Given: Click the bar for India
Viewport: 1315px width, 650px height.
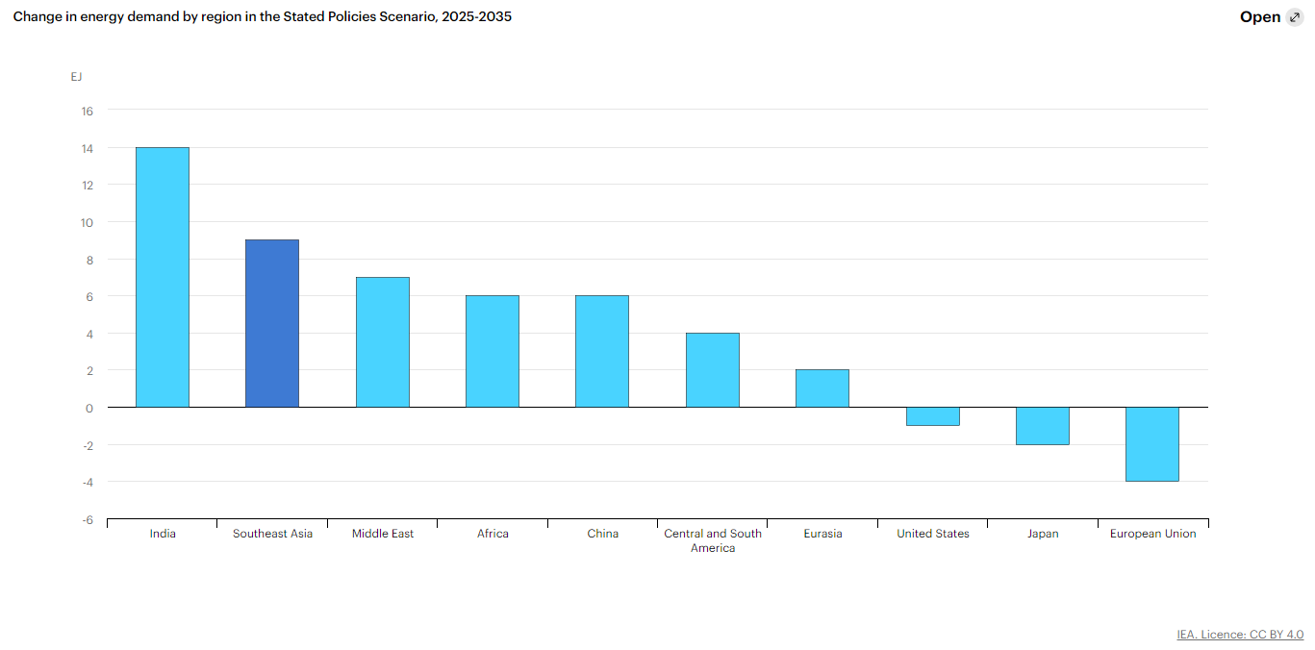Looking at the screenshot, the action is click(x=163, y=277).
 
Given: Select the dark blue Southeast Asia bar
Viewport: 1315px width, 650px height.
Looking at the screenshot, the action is click(x=272, y=323).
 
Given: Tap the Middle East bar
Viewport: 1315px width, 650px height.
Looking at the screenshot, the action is click(x=383, y=342).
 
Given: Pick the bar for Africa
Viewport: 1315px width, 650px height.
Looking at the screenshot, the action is click(x=493, y=351).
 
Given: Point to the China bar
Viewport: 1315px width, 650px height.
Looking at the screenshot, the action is click(x=602, y=351).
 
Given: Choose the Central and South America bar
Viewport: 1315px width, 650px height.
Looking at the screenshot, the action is click(x=713, y=370).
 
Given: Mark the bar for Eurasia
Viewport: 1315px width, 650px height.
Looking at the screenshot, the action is click(x=822, y=388).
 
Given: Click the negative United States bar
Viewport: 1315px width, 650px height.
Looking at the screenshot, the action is click(x=933, y=416).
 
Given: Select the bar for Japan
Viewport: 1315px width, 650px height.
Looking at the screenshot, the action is click(x=1043, y=426).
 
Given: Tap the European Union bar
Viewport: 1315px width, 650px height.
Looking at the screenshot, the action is click(x=1152, y=444).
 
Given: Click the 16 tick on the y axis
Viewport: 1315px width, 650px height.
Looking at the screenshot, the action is click(x=87, y=111).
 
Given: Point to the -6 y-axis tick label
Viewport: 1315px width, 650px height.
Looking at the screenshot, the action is click(x=89, y=520).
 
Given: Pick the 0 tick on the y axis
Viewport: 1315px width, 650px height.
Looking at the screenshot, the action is click(x=89, y=409).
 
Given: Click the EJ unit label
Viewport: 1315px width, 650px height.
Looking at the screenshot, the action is click(x=76, y=77).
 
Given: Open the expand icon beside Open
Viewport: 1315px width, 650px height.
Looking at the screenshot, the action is click(x=1295, y=17).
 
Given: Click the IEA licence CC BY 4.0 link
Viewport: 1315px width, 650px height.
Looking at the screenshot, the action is click(x=1240, y=635).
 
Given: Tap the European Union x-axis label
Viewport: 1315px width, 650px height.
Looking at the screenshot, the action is click(x=1153, y=534).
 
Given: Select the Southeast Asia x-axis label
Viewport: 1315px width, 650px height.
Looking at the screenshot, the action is click(x=272, y=534).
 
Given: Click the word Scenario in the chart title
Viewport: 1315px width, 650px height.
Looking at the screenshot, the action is click(x=408, y=16).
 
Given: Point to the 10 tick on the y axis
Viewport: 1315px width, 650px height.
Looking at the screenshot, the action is click(x=87, y=222).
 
